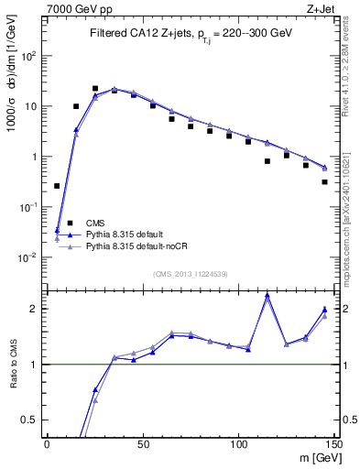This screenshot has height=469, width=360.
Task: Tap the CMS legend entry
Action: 95,223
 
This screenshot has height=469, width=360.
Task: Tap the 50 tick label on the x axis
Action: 142,443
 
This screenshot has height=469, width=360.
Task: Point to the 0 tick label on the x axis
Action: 47,443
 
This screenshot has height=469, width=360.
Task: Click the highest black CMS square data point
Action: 95,89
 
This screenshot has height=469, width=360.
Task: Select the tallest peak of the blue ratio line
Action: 267,295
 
